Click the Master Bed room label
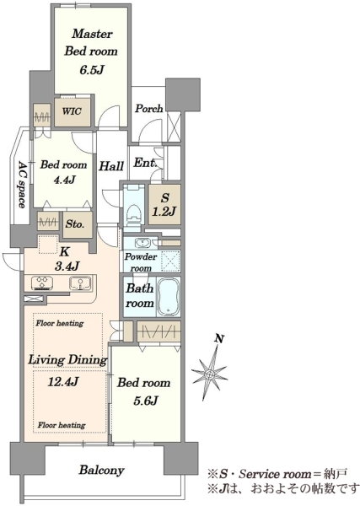(91, 42)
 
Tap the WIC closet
(73, 111)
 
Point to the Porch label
(148, 109)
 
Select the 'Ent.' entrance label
(145, 162)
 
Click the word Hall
(111, 166)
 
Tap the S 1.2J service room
(164, 205)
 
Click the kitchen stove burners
(42, 283)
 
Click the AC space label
(21, 185)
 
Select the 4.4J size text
(64, 180)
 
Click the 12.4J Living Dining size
(63, 382)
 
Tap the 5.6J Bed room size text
(145, 401)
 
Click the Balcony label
(102, 470)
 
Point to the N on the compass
(219, 339)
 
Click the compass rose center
(209, 374)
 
